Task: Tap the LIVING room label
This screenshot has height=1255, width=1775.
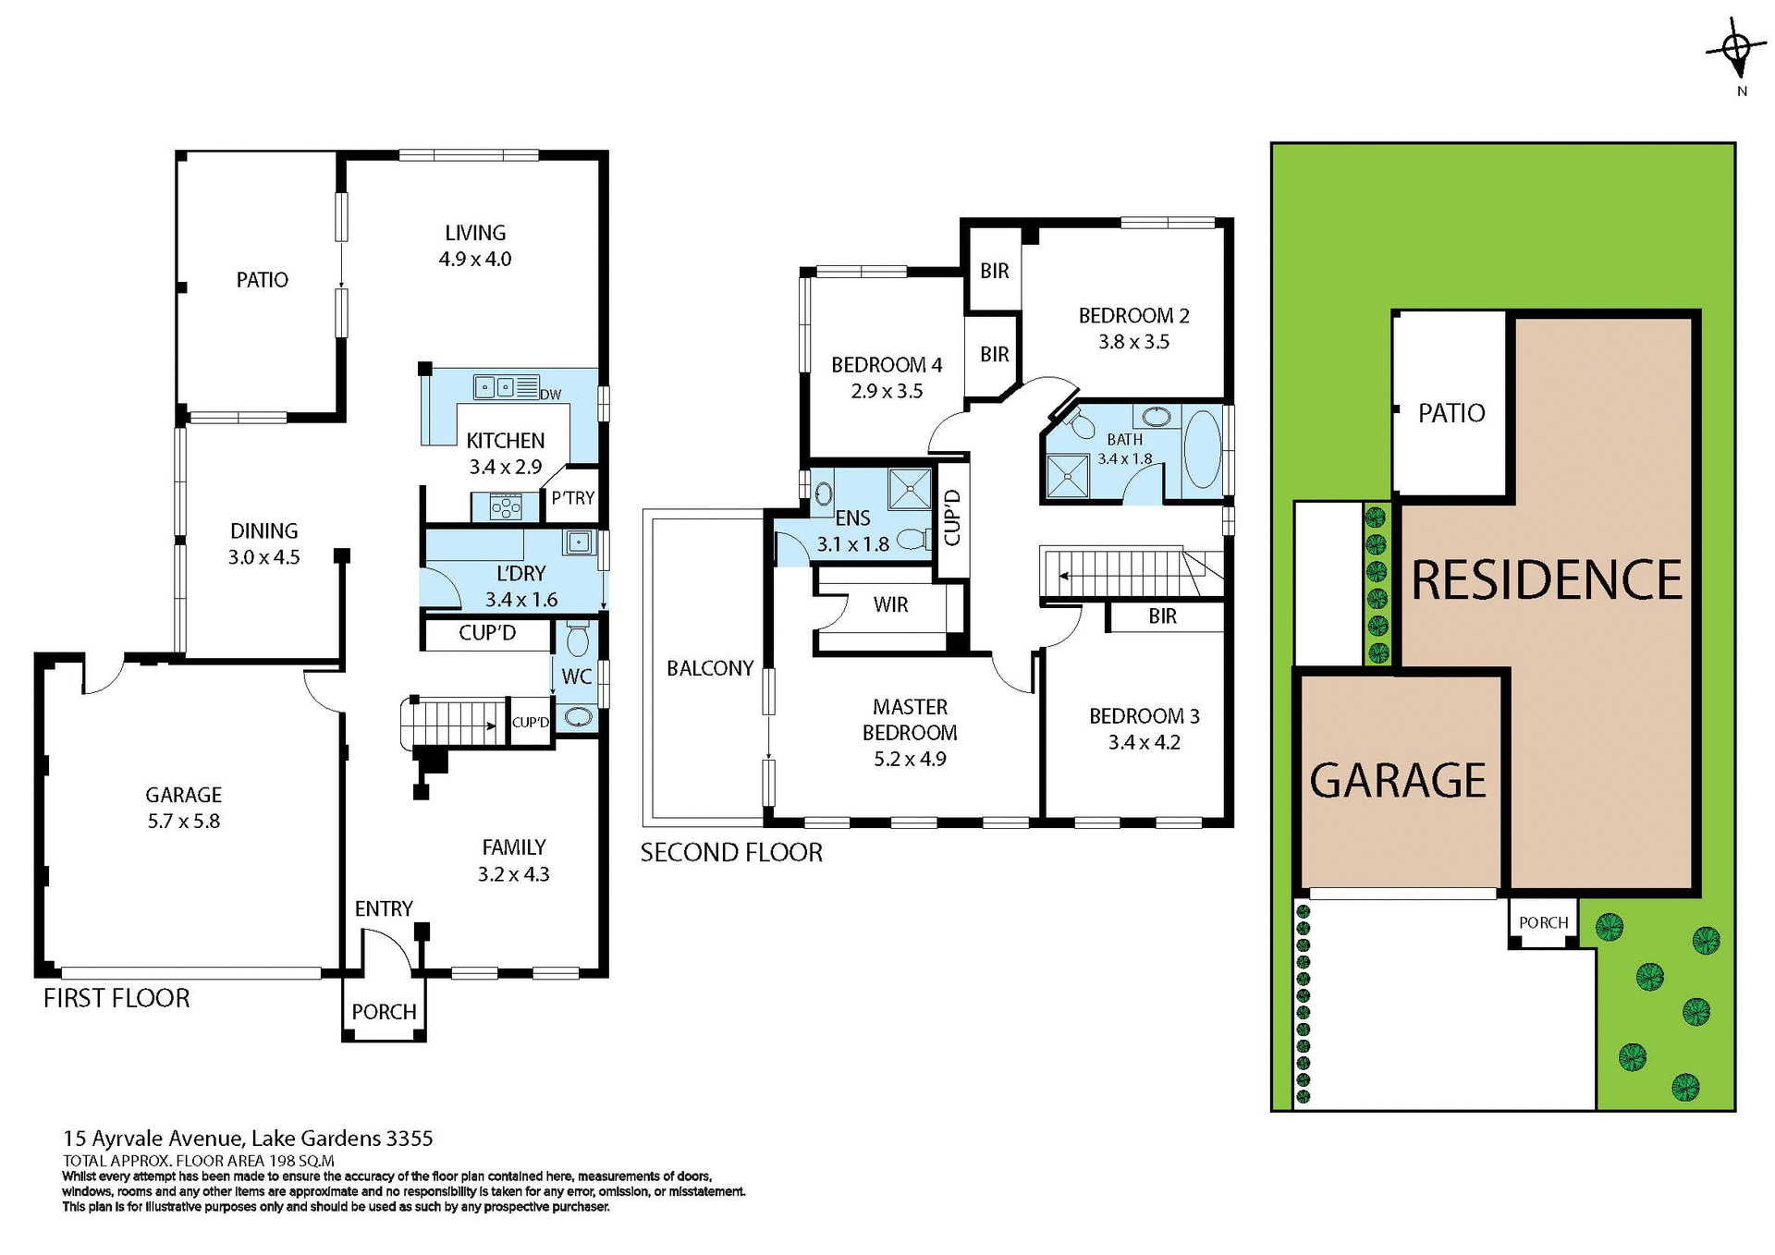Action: (x=475, y=233)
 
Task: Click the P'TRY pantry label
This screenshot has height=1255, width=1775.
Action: (x=572, y=498)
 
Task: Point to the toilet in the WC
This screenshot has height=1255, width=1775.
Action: (x=577, y=639)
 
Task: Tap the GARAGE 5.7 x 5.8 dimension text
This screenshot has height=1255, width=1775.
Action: (x=183, y=821)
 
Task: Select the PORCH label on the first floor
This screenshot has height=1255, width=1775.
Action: (x=384, y=1011)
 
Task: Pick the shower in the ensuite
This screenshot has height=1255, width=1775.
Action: (x=909, y=489)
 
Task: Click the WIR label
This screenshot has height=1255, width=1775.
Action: (x=890, y=604)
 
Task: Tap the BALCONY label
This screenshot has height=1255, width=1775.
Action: (x=710, y=667)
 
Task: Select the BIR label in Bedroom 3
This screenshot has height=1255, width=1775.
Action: (x=1162, y=616)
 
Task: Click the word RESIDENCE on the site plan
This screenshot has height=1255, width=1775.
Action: (x=1546, y=580)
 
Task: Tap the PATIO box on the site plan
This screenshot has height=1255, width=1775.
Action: (x=1451, y=413)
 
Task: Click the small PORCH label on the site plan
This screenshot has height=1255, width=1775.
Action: (x=1543, y=922)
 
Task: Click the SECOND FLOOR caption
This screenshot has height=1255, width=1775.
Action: (x=730, y=852)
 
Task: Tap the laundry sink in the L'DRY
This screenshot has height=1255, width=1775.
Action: (x=579, y=542)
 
